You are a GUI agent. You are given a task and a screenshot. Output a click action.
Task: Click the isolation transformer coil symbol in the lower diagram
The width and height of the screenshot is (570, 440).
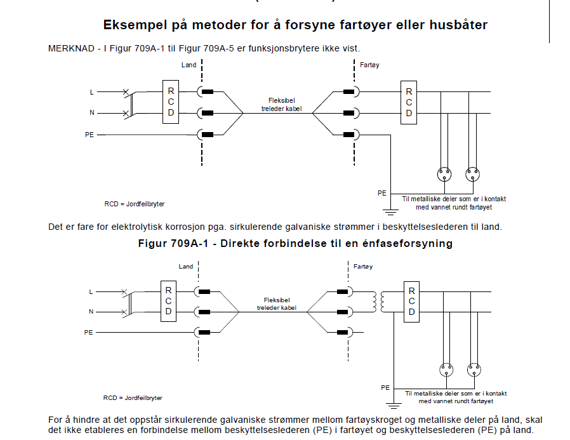click(x=378, y=302)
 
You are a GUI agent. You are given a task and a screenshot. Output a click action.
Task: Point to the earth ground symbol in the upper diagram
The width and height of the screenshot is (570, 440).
click(x=391, y=211)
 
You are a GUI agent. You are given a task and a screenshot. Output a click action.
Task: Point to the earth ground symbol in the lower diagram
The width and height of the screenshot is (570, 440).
click(x=394, y=405)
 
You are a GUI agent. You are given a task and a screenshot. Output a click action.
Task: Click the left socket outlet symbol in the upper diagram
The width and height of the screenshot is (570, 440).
click(x=444, y=174)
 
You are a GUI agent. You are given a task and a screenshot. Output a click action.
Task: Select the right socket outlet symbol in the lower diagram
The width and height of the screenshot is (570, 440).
click(x=474, y=370)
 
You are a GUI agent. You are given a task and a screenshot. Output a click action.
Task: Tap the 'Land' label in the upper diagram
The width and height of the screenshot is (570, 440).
click(x=189, y=65)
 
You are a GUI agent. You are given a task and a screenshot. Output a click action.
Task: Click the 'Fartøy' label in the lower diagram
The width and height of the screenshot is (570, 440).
click(x=363, y=267)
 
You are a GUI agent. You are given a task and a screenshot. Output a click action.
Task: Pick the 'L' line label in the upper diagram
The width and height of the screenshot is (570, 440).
click(x=91, y=92)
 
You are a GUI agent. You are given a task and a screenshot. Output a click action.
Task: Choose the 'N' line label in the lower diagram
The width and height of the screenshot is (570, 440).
click(x=91, y=312)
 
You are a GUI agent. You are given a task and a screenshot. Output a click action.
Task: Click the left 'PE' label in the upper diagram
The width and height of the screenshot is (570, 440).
click(x=89, y=135)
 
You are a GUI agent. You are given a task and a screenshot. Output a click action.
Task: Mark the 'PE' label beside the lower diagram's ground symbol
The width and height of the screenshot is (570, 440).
click(x=385, y=388)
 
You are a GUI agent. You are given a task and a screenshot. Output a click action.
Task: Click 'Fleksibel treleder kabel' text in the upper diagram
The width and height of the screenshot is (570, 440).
click(x=281, y=105)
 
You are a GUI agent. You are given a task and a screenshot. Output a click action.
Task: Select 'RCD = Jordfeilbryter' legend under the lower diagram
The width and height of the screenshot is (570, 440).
click(x=133, y=398)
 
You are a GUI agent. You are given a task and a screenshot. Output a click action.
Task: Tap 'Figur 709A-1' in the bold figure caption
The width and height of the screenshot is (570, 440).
click(x=173, y=243)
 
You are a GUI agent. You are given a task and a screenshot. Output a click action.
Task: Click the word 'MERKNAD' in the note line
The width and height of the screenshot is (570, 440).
click(x=71, y=48)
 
